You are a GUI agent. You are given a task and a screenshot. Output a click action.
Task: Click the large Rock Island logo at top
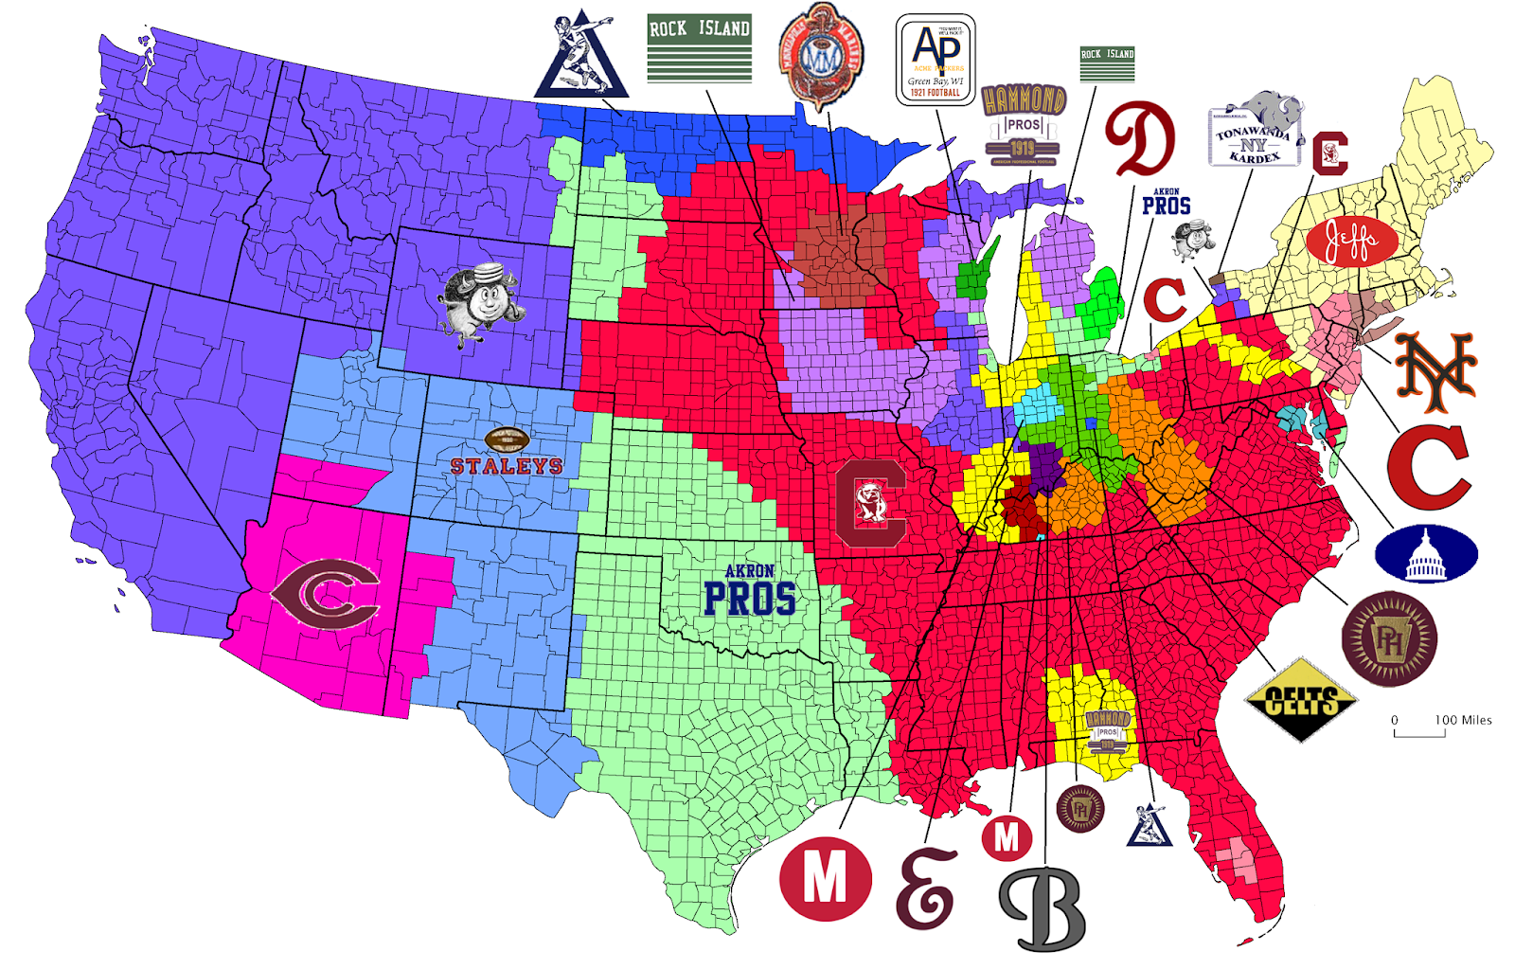699,48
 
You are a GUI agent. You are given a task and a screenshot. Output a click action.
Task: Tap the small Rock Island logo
1107,64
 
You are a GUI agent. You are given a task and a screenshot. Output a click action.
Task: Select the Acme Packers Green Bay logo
936,60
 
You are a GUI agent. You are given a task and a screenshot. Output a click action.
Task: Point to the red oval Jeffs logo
1351,242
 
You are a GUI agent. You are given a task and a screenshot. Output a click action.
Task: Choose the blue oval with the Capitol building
1425,553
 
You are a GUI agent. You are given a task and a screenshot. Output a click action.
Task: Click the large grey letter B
1043,907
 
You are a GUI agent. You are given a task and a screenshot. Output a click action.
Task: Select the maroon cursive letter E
925,889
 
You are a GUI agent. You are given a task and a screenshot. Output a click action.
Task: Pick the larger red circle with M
825,878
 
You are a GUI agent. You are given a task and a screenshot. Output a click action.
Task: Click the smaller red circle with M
1006,837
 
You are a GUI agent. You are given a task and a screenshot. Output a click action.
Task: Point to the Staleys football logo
507,453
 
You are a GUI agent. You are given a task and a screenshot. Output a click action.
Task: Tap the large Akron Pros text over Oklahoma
750,590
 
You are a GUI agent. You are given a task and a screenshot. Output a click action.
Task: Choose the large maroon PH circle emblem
1388,638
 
